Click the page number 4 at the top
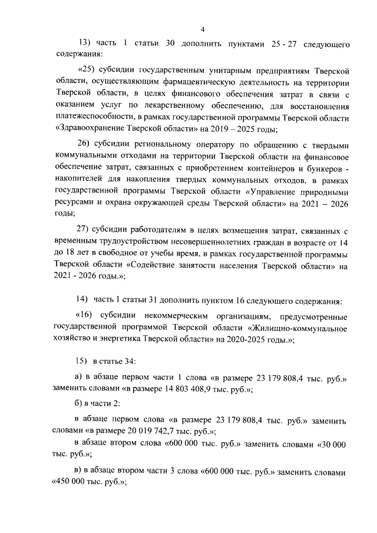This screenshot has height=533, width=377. pos(202,29)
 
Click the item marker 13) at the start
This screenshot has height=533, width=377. pos(86,45)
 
